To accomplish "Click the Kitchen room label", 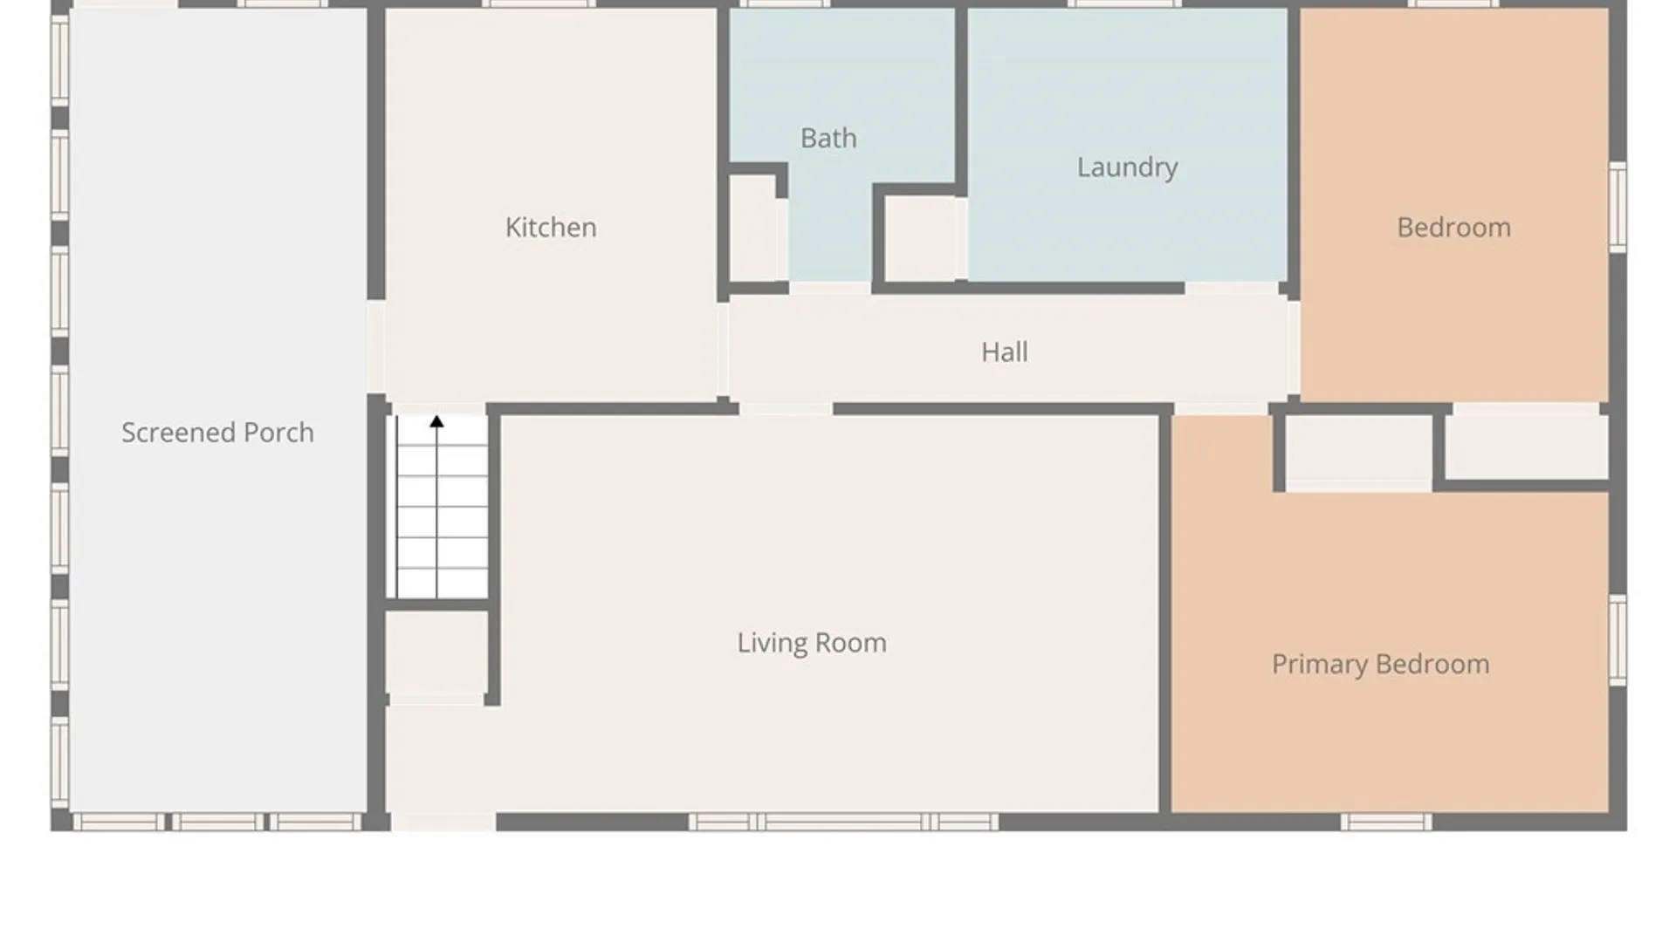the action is coord(551,228).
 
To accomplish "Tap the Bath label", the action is coord(828,138).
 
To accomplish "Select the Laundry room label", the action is coord(1127,167).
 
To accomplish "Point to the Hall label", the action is coord(1004,352).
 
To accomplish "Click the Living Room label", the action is coord(812,643).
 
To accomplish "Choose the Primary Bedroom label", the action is coord(1380,665).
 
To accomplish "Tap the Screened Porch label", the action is coord(217,433).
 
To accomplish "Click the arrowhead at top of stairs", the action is coord(436,422).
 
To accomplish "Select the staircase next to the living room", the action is coord(442,507).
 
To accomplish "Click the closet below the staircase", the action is coord(436,652).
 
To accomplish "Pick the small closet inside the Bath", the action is coord(752,229).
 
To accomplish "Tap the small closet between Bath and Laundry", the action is coord(920,238).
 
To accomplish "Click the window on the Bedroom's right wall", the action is coord(1618,207).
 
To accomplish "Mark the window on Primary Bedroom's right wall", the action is coord(1618,639).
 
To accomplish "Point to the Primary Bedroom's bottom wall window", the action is coord(1386,822).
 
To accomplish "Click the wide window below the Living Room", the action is coord(843,822).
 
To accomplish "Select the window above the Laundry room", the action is coord(1124,4).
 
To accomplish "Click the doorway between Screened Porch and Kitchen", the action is coord(376,347).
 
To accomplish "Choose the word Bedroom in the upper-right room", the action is coord(1453,228).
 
